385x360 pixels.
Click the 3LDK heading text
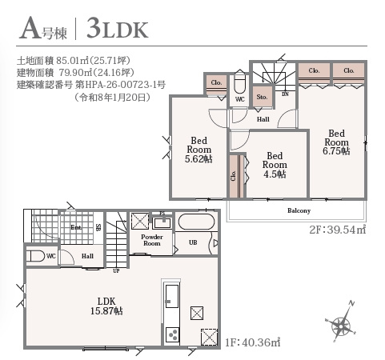[x=114, y=30]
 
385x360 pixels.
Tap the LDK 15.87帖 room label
[x=107, y=306]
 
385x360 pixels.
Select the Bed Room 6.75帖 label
[x=335, y=142]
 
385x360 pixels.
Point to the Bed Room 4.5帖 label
[x=275, y=165]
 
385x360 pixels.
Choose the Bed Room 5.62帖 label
[x=199, y=149]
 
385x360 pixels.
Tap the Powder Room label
[x=151, y=241]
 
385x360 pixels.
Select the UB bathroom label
[x=192, y=242]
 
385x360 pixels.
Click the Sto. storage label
[x=262, y=98]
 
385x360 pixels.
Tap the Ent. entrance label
[x=76, y=228]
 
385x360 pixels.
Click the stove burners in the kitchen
[x=170, y=334]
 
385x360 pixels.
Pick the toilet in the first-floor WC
[x=35, y=256]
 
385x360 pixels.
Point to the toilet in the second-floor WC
[x=239, y=85]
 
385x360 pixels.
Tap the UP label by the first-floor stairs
[x=117, y=270]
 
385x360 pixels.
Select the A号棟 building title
[x=39, y=30]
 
